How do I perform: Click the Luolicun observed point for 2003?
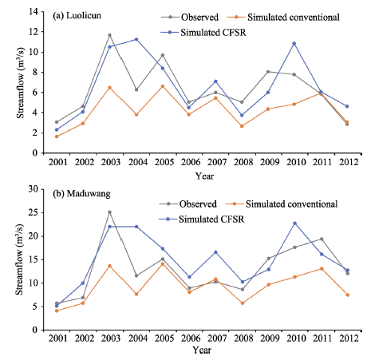click(x=109, y=35)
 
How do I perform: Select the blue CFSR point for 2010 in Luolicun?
click(x=294, y=43)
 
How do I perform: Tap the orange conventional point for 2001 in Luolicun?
click(x=57, y=136)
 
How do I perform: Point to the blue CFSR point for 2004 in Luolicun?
click(x=136, y=39)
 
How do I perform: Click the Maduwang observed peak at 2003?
click(x=109, y=212)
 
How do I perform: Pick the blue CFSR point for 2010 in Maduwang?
click(x=294, y=224)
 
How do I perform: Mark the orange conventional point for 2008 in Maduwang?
click(x=243, y=303)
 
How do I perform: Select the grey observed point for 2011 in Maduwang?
click(x=322, y=239)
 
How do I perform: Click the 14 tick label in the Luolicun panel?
click(x=34, y=12)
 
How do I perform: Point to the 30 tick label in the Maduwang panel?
click(x=34, y=189)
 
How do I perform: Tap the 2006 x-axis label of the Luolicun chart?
click(x=191, y=162)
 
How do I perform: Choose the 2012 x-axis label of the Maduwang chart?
click(x=349, y=338)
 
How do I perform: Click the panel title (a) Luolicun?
click(x=77, y=16)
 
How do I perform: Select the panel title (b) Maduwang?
click(x=81, y=194)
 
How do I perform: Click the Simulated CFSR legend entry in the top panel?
click(x=203, y=33)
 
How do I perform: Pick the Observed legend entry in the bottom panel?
click(x=188, y=204)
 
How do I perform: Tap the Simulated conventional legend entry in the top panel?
click(x=283, y=18)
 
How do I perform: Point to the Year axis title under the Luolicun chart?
click(x=204, y=176)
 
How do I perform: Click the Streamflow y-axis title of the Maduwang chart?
click(x=19, y=259)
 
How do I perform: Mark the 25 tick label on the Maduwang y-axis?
click(x=34, y=212)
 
